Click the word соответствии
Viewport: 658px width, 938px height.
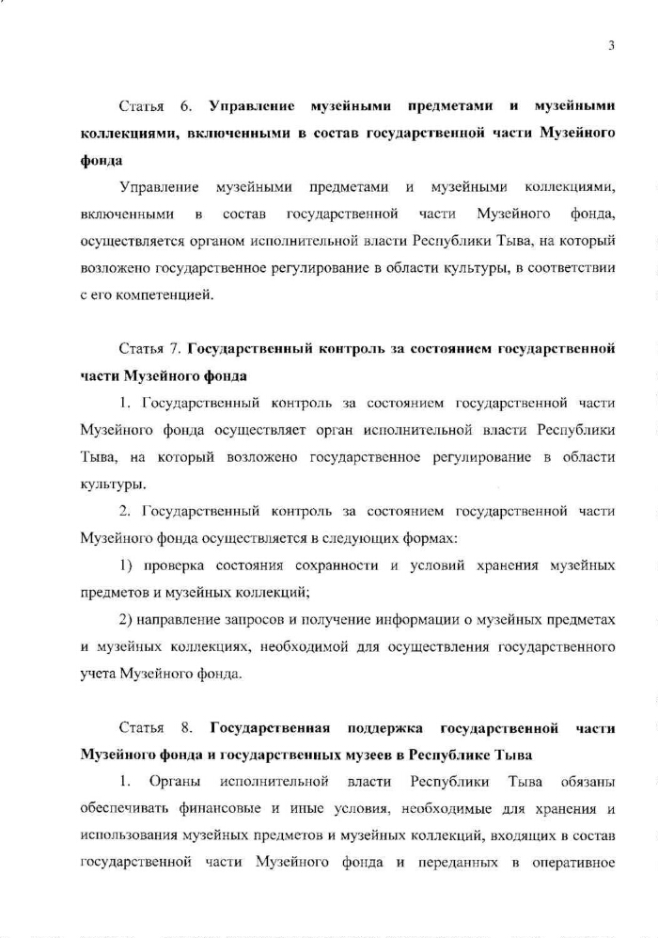(x=575, y=268)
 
